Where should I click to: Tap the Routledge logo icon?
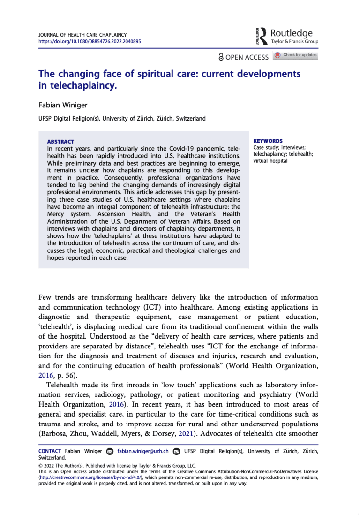pos(263,36)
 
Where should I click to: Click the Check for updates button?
pos(296,55)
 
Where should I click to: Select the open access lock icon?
pos(221,57)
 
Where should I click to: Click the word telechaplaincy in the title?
pos(69,86)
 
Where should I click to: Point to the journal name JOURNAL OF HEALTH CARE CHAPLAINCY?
pos(82,35)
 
